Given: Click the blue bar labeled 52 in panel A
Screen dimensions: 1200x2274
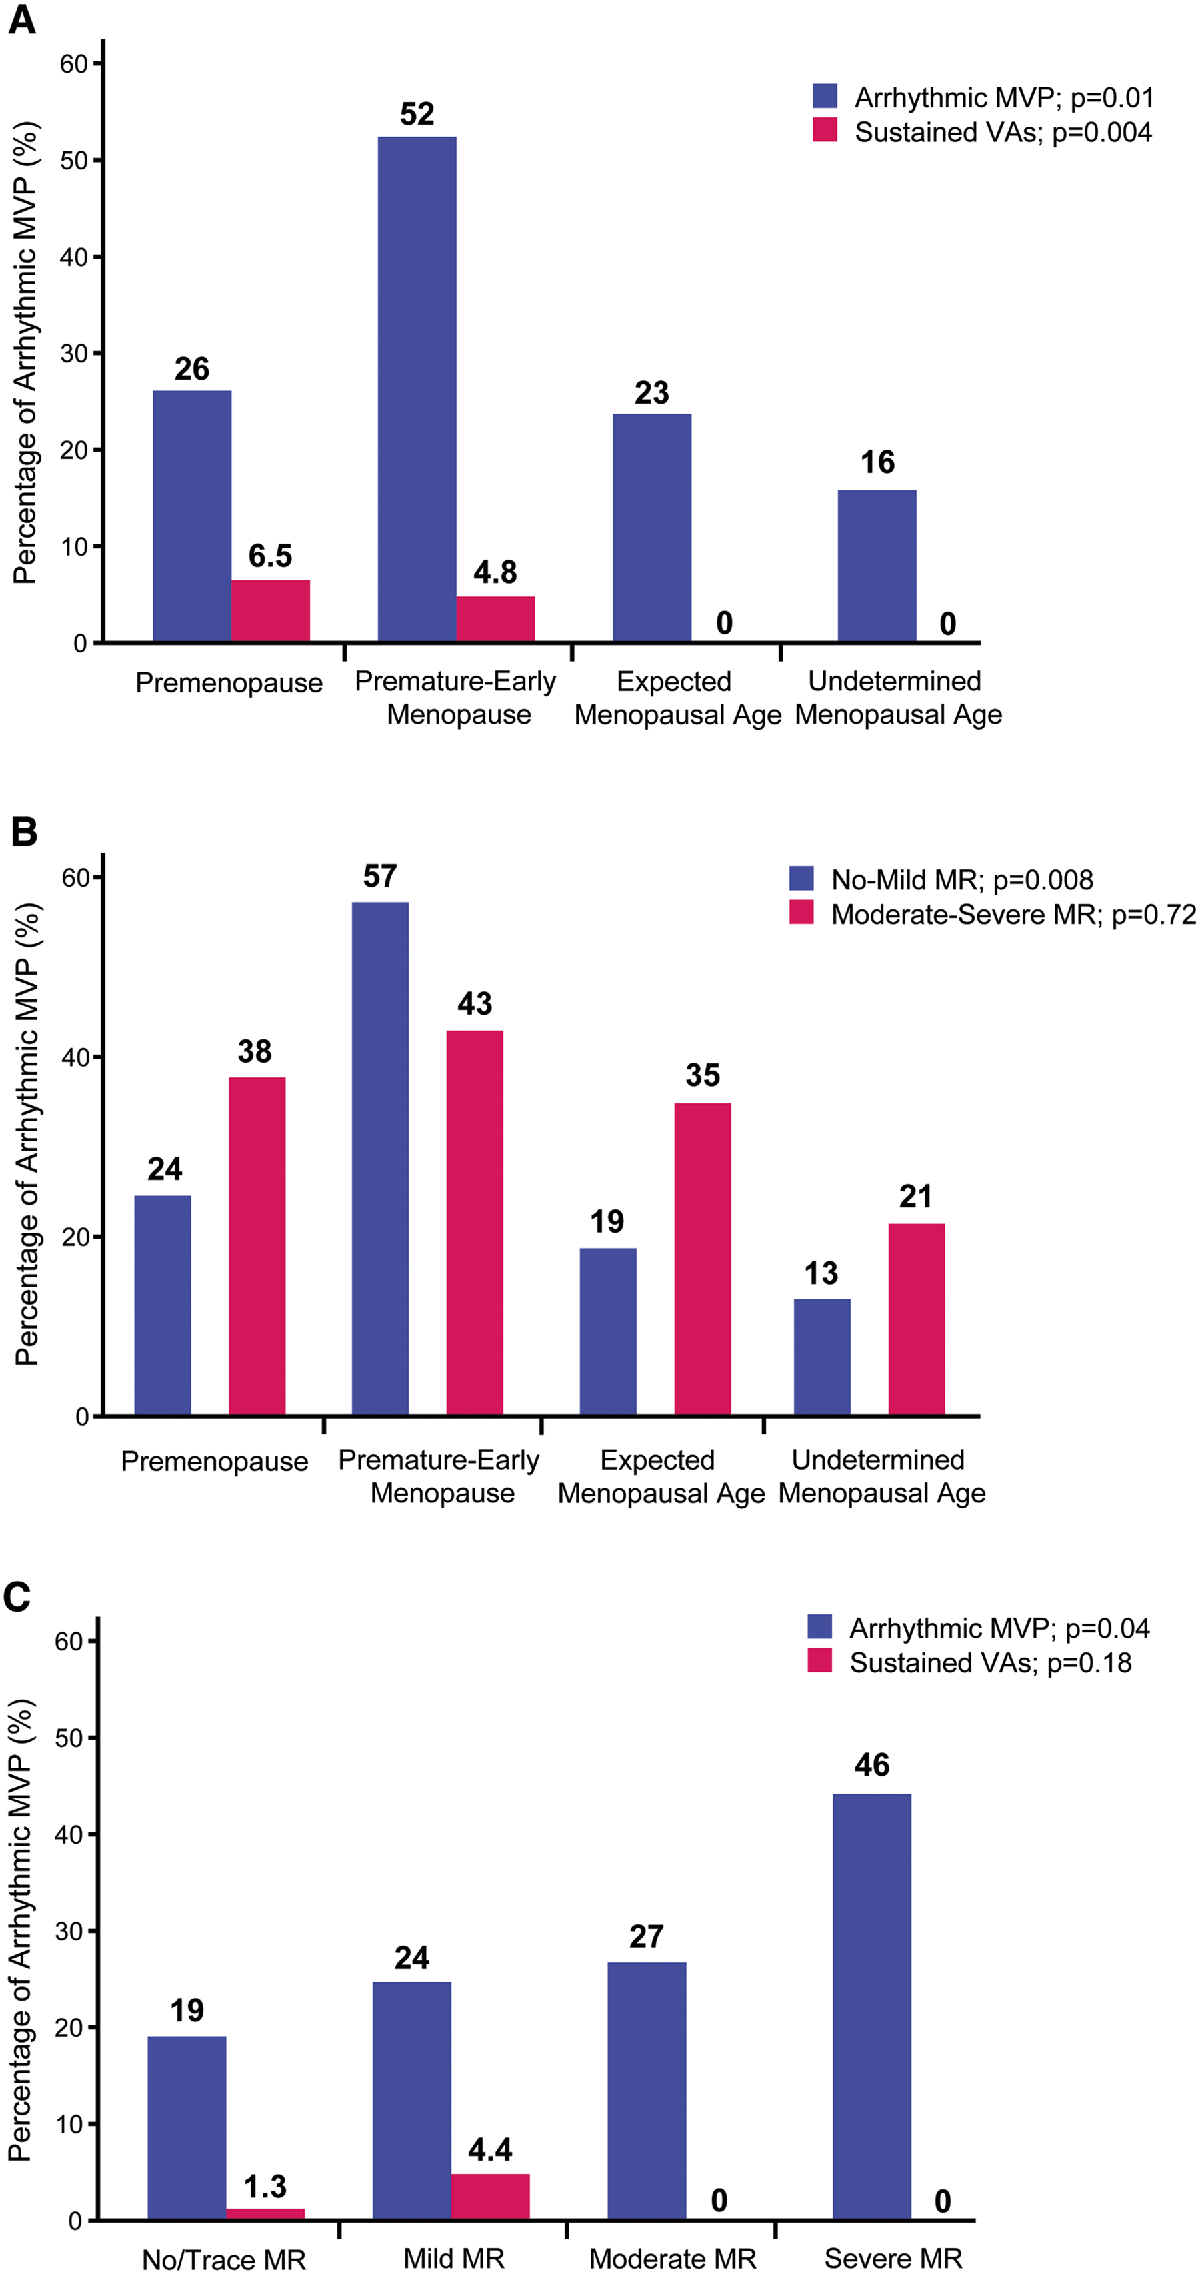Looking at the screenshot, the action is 417,388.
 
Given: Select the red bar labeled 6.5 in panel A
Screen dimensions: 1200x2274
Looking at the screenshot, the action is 270,610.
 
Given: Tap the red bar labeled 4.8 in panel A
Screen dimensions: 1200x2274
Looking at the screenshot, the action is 495,619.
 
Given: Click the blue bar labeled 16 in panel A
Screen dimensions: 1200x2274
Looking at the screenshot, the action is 877,566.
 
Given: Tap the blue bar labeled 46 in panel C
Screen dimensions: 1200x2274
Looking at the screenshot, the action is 871,2007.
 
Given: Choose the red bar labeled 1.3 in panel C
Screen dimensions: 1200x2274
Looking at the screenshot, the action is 265,2214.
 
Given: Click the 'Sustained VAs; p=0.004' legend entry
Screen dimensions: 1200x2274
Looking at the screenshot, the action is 982,131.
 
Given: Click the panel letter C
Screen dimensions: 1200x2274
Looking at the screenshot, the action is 17,1596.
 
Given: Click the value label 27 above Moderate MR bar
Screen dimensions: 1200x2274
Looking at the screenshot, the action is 647,1936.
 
